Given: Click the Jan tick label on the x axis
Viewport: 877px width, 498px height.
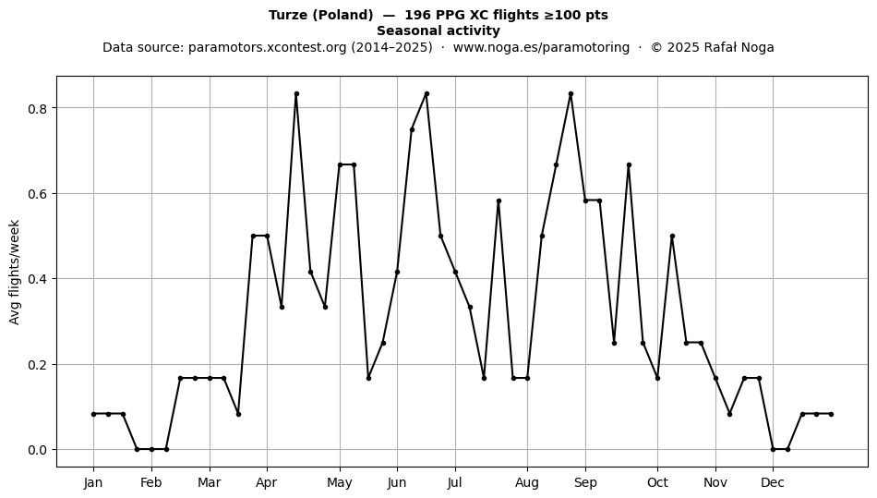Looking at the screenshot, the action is click(93, 482).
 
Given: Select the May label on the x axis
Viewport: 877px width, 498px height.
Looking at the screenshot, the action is click(340, 482).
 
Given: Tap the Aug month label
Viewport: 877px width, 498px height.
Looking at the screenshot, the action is click(527, 482).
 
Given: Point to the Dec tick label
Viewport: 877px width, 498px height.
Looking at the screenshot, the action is click(773, 482).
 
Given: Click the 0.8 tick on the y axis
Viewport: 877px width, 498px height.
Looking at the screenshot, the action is click(37, 108).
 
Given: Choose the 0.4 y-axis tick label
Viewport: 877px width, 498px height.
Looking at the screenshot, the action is click(37, 279).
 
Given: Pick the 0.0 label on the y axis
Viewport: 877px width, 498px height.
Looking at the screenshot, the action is click(37, 450).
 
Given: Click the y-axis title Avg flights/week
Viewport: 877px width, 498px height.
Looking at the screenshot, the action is click(15, 272).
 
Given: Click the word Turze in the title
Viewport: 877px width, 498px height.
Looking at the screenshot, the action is click(289, 15).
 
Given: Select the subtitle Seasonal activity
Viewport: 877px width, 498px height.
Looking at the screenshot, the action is click(438, 30).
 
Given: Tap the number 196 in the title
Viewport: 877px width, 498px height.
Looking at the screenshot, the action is click(416, 15).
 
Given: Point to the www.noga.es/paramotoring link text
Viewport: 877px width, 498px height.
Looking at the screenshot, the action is click(541, 47).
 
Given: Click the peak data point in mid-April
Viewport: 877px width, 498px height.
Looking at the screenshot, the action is click(296, 94).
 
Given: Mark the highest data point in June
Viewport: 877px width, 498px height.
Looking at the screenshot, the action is click(426, 94).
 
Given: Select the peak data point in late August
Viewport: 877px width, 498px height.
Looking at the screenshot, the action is click(571, 94).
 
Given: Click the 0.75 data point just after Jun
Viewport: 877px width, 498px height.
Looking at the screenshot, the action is click(413, 130).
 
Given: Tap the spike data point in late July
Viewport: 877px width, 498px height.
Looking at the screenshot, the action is click(499, 200).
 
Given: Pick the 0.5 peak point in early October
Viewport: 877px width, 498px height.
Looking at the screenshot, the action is click(672, 237).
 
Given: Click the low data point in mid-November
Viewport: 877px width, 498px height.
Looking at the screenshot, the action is click(729, 414).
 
